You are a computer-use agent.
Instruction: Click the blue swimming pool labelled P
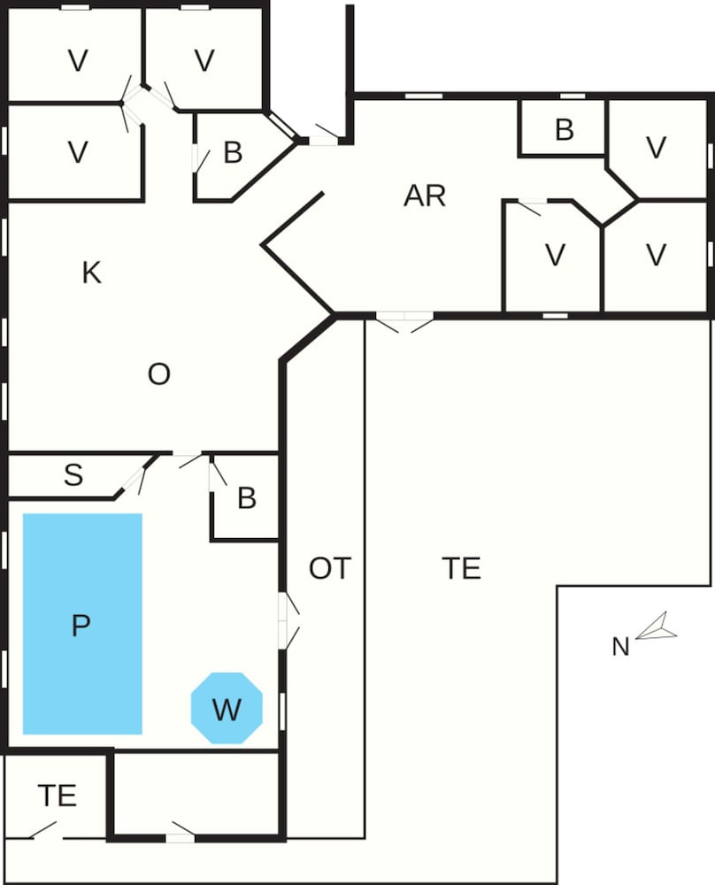tap(81, 624)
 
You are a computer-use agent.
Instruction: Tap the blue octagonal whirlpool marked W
tap(227, 708)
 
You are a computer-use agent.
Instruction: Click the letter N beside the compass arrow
tap(620, 648)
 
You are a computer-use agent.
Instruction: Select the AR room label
tap(425, 196)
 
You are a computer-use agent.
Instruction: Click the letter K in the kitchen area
tap(91, 273)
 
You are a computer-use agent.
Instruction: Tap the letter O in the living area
tap(158, 375)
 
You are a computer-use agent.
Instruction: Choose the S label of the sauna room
tap(73, 476)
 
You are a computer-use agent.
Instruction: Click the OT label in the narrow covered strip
tap(330, 568)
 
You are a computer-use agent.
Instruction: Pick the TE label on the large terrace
tap(461, 568)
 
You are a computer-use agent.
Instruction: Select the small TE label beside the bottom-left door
tap(57, 796)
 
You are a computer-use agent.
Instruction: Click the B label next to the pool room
tap(247, 498)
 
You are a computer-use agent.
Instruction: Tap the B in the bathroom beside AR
tap(564, 130)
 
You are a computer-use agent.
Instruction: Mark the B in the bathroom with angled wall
tap(233, 153)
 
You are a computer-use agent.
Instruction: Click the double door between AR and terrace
tap(404, 322)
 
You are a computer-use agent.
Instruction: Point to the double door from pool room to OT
tap(289, 619)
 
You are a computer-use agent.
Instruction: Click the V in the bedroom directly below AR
tap(555, 255)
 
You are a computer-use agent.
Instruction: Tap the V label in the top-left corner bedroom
tap(79, 61)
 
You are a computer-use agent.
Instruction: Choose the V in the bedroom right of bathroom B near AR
tap(656, 148)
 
